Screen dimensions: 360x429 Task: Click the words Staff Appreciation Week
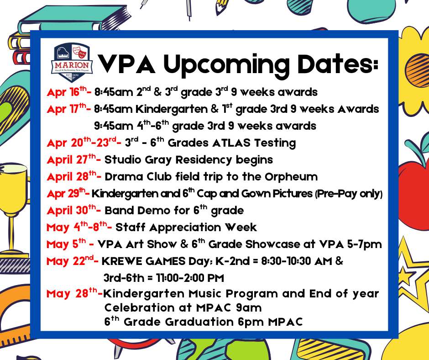[186, 228]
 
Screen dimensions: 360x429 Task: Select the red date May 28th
[73, 293]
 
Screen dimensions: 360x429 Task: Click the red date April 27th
[73, 160]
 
